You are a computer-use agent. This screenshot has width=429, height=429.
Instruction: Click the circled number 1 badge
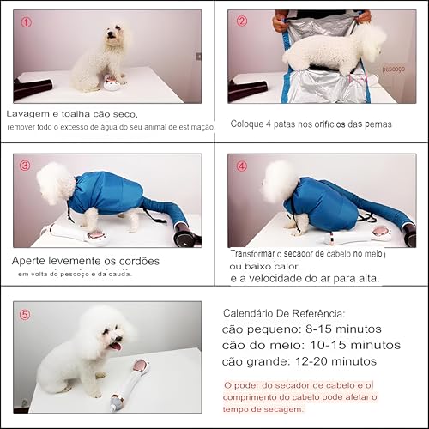[x=26, y=22]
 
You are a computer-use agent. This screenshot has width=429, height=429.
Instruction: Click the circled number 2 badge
[x=242, y=21]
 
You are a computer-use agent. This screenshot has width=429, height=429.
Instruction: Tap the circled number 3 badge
[x=26, y=166]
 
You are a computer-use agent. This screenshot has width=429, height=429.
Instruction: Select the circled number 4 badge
[x=242, y=166]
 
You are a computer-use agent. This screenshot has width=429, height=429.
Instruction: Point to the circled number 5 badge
[x=26, y=314]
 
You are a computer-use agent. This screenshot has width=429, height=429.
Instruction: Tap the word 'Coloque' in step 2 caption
[x=249, y=124]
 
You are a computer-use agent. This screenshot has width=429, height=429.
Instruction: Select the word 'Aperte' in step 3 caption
[x=31, y=260]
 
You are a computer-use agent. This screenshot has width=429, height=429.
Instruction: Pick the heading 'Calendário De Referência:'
[x=284, y=314]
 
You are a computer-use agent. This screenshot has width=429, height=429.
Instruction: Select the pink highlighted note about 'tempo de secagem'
[x=309, y=397]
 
